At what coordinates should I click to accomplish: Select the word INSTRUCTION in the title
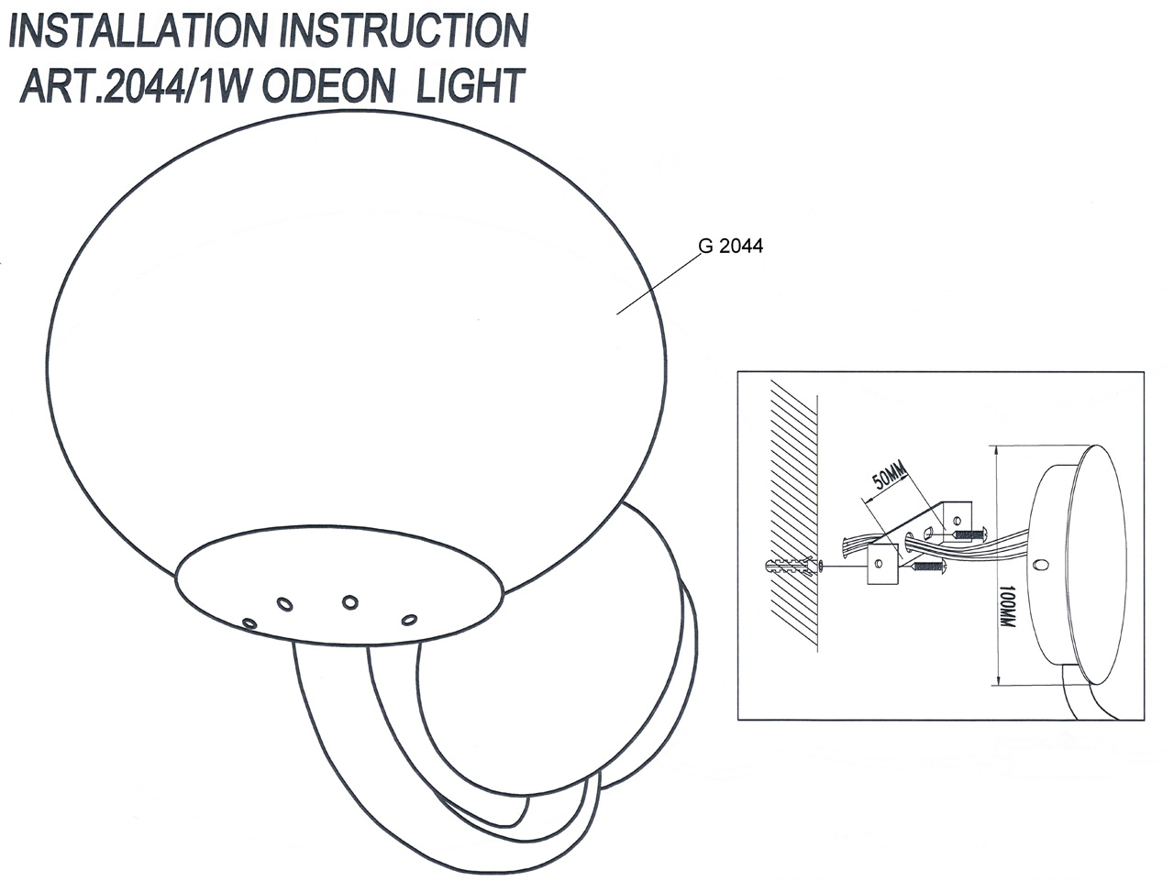pyautogui.click(x=404, y=31)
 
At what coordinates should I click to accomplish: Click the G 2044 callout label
pyautogui.click(x=730, y=246)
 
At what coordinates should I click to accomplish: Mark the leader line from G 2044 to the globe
pyautogui.click(x=656, y=285)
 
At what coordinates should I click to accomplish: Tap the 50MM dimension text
pyautogui.click(x=888, y=478)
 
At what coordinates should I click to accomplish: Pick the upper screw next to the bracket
pyautogui.click(x=969, y=533)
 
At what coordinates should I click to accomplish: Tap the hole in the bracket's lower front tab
pyautogui.click(x=879, y=564)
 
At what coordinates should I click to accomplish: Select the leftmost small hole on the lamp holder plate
pyautogui.click(x=249, y=622)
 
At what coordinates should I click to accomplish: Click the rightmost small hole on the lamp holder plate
pyautogui.click(x=409, y=620)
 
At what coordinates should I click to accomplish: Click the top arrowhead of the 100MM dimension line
pyautogui.click(x=996, y=449)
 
